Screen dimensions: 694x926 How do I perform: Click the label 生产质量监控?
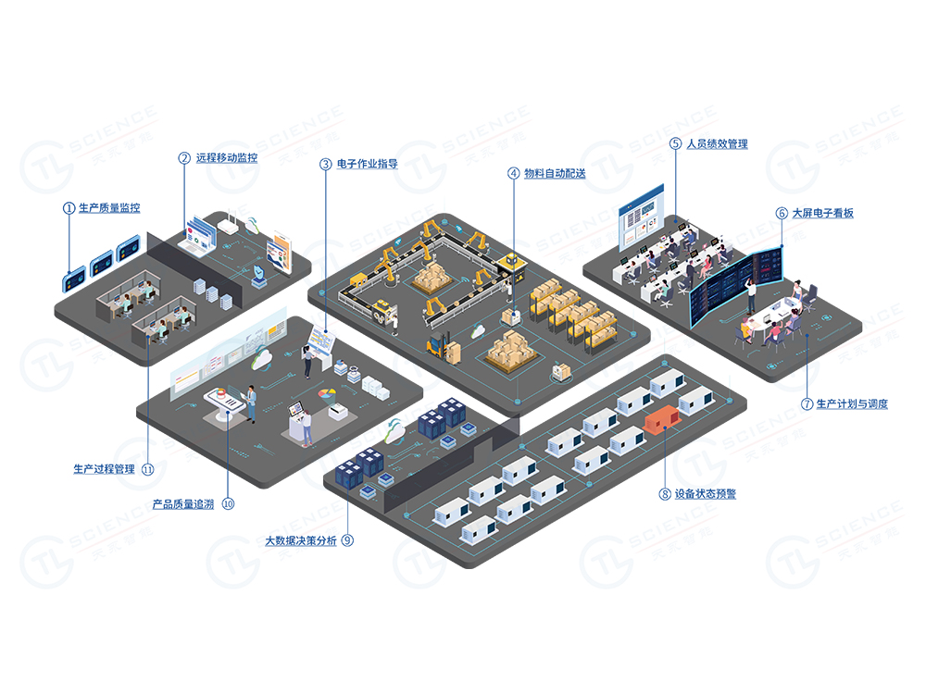[109, 208]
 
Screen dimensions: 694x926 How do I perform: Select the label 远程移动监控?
[226, 158]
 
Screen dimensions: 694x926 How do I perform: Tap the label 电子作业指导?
[367, 164]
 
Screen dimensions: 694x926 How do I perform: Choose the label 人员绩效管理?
[717, 144]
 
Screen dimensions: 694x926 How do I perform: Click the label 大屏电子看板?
[822, 213]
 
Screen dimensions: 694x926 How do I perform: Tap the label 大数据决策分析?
[301, 540]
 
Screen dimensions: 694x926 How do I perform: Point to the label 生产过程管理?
[104, 469]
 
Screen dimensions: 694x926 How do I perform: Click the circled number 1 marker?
[69, 208]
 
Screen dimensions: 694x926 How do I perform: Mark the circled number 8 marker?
[664, 494]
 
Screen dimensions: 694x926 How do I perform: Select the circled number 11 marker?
[147, 469]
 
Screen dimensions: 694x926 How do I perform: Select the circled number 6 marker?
[782, 213]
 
